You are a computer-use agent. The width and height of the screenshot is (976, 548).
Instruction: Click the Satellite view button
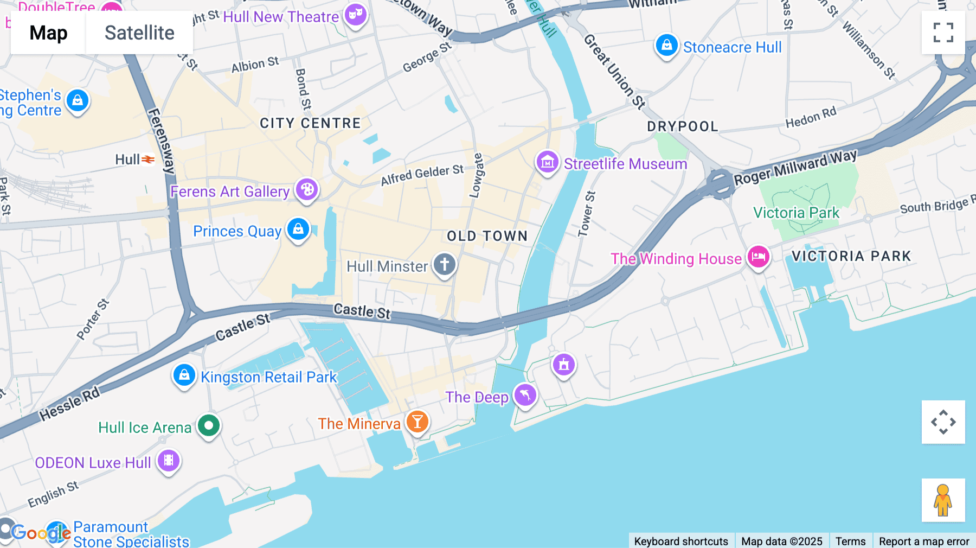(139, 33)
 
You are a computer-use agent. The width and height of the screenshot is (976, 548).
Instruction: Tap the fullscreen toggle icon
(943, 33)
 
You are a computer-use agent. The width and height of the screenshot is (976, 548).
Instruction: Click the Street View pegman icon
(943, 500)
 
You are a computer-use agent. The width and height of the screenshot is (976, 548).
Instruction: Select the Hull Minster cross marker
(445, 265)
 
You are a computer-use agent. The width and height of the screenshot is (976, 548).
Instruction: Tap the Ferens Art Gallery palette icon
(307, 190)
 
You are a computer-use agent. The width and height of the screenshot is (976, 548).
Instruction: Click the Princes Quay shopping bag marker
(298, 230)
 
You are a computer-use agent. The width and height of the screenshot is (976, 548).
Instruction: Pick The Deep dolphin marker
(525, 395)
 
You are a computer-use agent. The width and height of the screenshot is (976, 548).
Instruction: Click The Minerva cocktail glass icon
(417, 422)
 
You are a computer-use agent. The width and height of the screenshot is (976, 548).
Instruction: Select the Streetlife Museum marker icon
(548, 162)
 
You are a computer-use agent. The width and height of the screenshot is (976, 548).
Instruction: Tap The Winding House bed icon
(758, 257)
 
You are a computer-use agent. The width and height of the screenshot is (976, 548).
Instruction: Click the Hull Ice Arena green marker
(209, 425)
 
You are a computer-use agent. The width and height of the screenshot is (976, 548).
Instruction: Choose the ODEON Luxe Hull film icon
(169, 461)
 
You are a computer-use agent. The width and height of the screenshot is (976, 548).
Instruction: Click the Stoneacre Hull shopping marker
(667, 46)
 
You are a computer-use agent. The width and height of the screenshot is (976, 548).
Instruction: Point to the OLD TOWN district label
(487, 236)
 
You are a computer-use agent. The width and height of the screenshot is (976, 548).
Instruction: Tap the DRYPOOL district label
(683, 126)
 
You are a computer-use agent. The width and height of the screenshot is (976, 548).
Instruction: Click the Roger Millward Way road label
(795, 168)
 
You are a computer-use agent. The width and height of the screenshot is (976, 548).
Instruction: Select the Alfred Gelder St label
(422, 175)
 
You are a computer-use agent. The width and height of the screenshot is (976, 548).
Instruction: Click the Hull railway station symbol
(148, 159)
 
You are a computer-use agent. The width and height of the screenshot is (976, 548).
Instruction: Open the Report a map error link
(924, 541)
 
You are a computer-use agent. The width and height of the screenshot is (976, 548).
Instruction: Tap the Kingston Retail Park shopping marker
(184, 375)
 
